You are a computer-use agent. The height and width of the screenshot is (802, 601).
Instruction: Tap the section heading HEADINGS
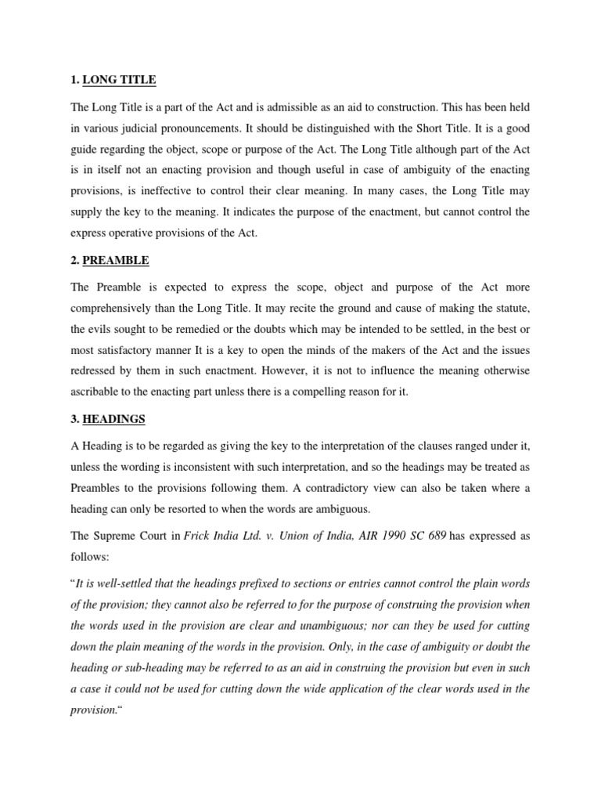click(119, 419)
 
